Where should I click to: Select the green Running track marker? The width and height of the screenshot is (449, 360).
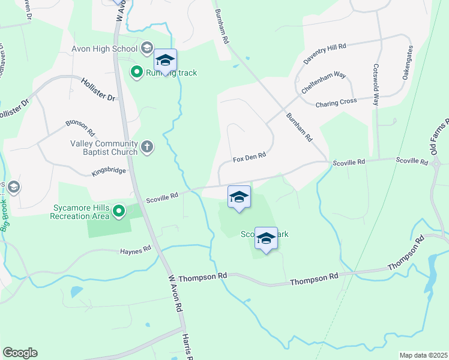coord(136,73)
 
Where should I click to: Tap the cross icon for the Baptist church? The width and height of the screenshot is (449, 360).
coord(147,146)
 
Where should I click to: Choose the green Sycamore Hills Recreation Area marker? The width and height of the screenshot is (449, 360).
coord(119,211)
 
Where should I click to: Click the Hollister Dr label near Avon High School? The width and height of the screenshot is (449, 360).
coord(97,88)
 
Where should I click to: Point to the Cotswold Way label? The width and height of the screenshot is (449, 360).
coord(376,85)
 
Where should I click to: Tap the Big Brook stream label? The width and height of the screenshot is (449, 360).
coord(7,215)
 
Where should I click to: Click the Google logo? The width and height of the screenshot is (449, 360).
coord(20,353)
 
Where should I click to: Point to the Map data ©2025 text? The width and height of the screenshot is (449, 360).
coord(423,355)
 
